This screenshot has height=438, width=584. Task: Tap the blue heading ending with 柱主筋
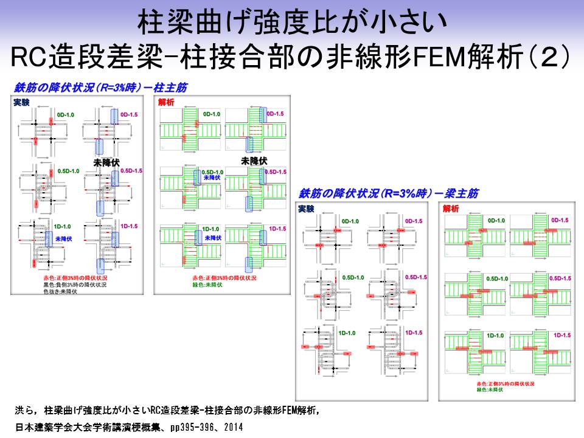click(x=100, y=87)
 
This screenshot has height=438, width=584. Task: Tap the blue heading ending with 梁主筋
click(x=388, y=193)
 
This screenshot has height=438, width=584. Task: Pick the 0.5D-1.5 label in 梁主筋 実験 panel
click(x=415, y=277)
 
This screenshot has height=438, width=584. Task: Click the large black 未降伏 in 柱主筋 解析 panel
click(x=254, y=161)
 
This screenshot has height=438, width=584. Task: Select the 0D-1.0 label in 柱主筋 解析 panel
click(x=212, y=114)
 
